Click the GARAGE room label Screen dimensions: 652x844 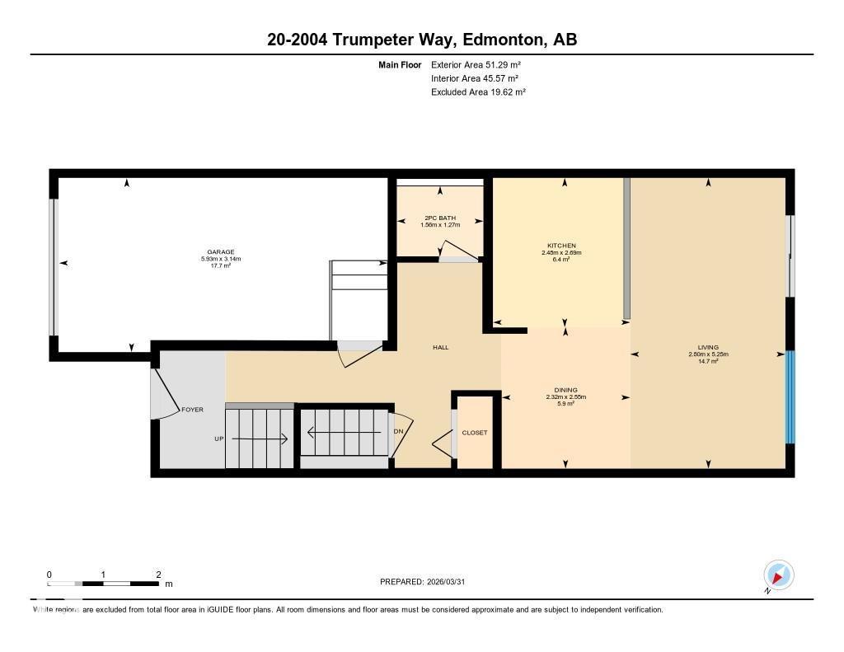click(x=220, y=252)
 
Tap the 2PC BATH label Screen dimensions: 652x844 click(x=440, y=218)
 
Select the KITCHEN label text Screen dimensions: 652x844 click(x=561, y=246)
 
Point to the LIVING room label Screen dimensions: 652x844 click(x=708, y=347)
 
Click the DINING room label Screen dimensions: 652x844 click(x=565, y=390)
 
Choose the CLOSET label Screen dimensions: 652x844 click(x=475, y=433)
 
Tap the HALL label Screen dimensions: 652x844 click(x=441, y=348)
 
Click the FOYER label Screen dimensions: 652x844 click(x=192, y=410)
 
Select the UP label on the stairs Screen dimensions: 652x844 click(x=219, y=439)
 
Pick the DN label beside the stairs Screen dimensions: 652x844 click(x=399, y=431)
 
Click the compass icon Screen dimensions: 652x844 click(x=778, y=575)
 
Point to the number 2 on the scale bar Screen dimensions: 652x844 click(x=157, y=575)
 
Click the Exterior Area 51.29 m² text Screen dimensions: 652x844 click(x=476, y=64)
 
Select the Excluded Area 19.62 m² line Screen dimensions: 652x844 click(x=478, y=92)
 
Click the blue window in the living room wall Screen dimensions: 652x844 click(x=790, y=397)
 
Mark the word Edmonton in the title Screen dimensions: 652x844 click(x=501, y=40)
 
